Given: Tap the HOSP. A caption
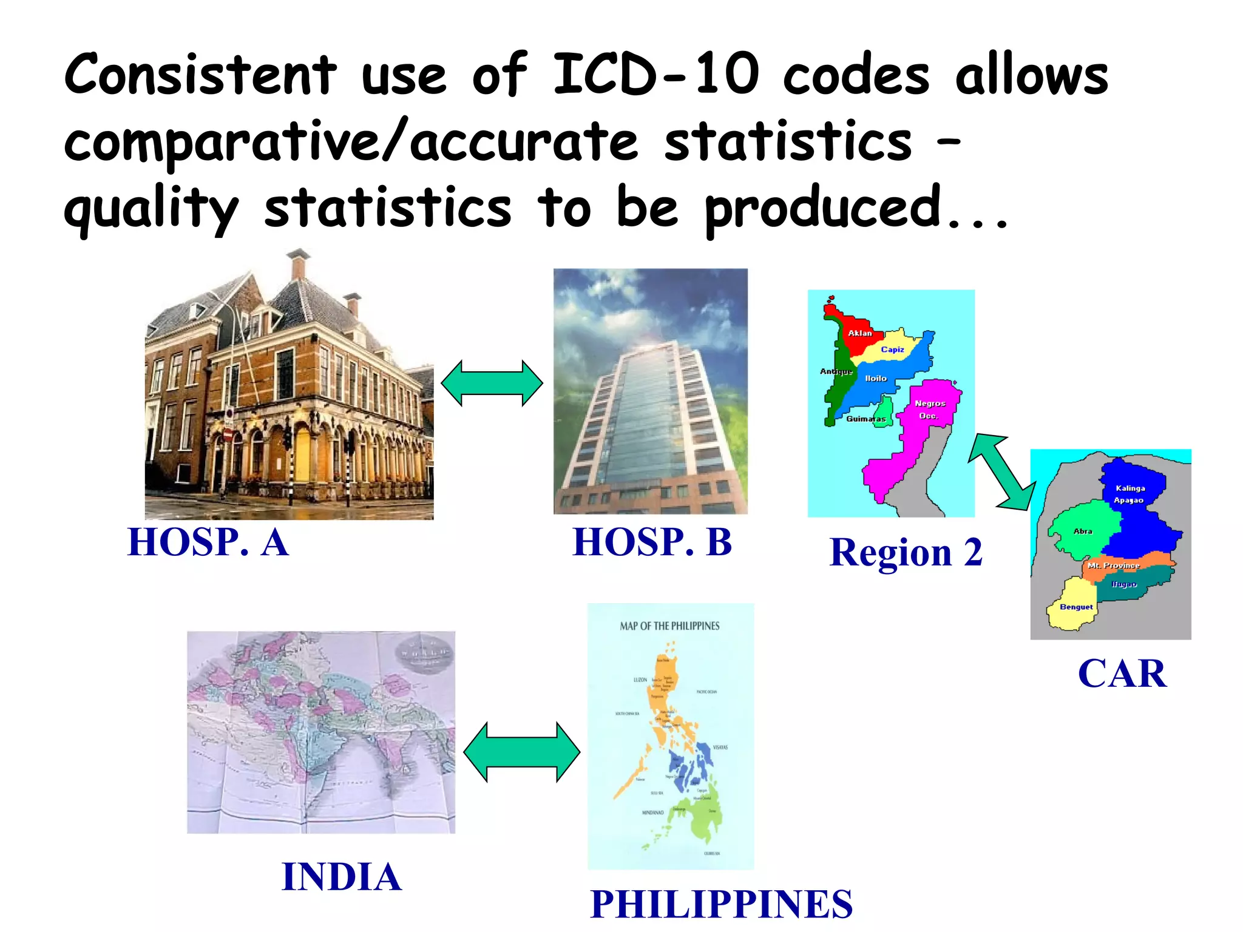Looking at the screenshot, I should point(208,542).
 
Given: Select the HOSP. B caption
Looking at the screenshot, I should point(652,542).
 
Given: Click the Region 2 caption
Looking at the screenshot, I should point(906,553).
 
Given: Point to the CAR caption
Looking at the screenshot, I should point(1122,674).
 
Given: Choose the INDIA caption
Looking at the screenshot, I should point(342,877).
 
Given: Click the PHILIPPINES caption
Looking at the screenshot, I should point(721,904).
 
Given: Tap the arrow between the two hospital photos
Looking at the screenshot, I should point(492,383).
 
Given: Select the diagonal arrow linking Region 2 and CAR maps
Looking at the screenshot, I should point(1001,471).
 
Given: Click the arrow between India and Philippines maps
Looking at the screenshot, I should point(522,752).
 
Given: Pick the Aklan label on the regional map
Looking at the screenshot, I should point(859,333).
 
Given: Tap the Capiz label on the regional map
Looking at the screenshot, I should point(892,349).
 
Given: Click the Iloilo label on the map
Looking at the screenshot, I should point(876,379).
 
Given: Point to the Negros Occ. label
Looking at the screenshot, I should point(929,410).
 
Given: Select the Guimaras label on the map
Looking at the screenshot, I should point(865,419).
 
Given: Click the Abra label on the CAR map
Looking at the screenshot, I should point(1083,531).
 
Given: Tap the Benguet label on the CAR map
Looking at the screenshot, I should point(1076,607).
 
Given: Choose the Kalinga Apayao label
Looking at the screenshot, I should point(1130,494).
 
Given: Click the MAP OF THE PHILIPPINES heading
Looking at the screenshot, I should point(669,626).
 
